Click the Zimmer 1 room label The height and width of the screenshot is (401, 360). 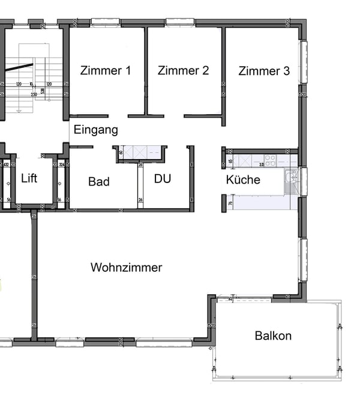tap(106, 71)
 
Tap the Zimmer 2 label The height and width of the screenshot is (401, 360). tap(183, 71)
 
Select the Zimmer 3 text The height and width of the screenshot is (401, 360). tap(264, 71)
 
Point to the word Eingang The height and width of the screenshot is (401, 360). tap(95, 130)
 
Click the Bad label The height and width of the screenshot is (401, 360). tap(98, 181)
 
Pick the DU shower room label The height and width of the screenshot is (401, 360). tap(163, 179)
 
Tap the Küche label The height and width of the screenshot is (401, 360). tap(243, 179)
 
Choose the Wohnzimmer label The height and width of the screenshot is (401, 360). tap(126, 268)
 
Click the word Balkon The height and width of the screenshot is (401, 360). tap(273, 336)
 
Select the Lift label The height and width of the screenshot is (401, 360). tap(29, 178)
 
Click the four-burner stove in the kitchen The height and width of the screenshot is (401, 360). tap(271, 161)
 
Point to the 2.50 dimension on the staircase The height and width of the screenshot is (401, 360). tap(34, 95)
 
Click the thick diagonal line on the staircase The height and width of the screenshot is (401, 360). tap(19, 67)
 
